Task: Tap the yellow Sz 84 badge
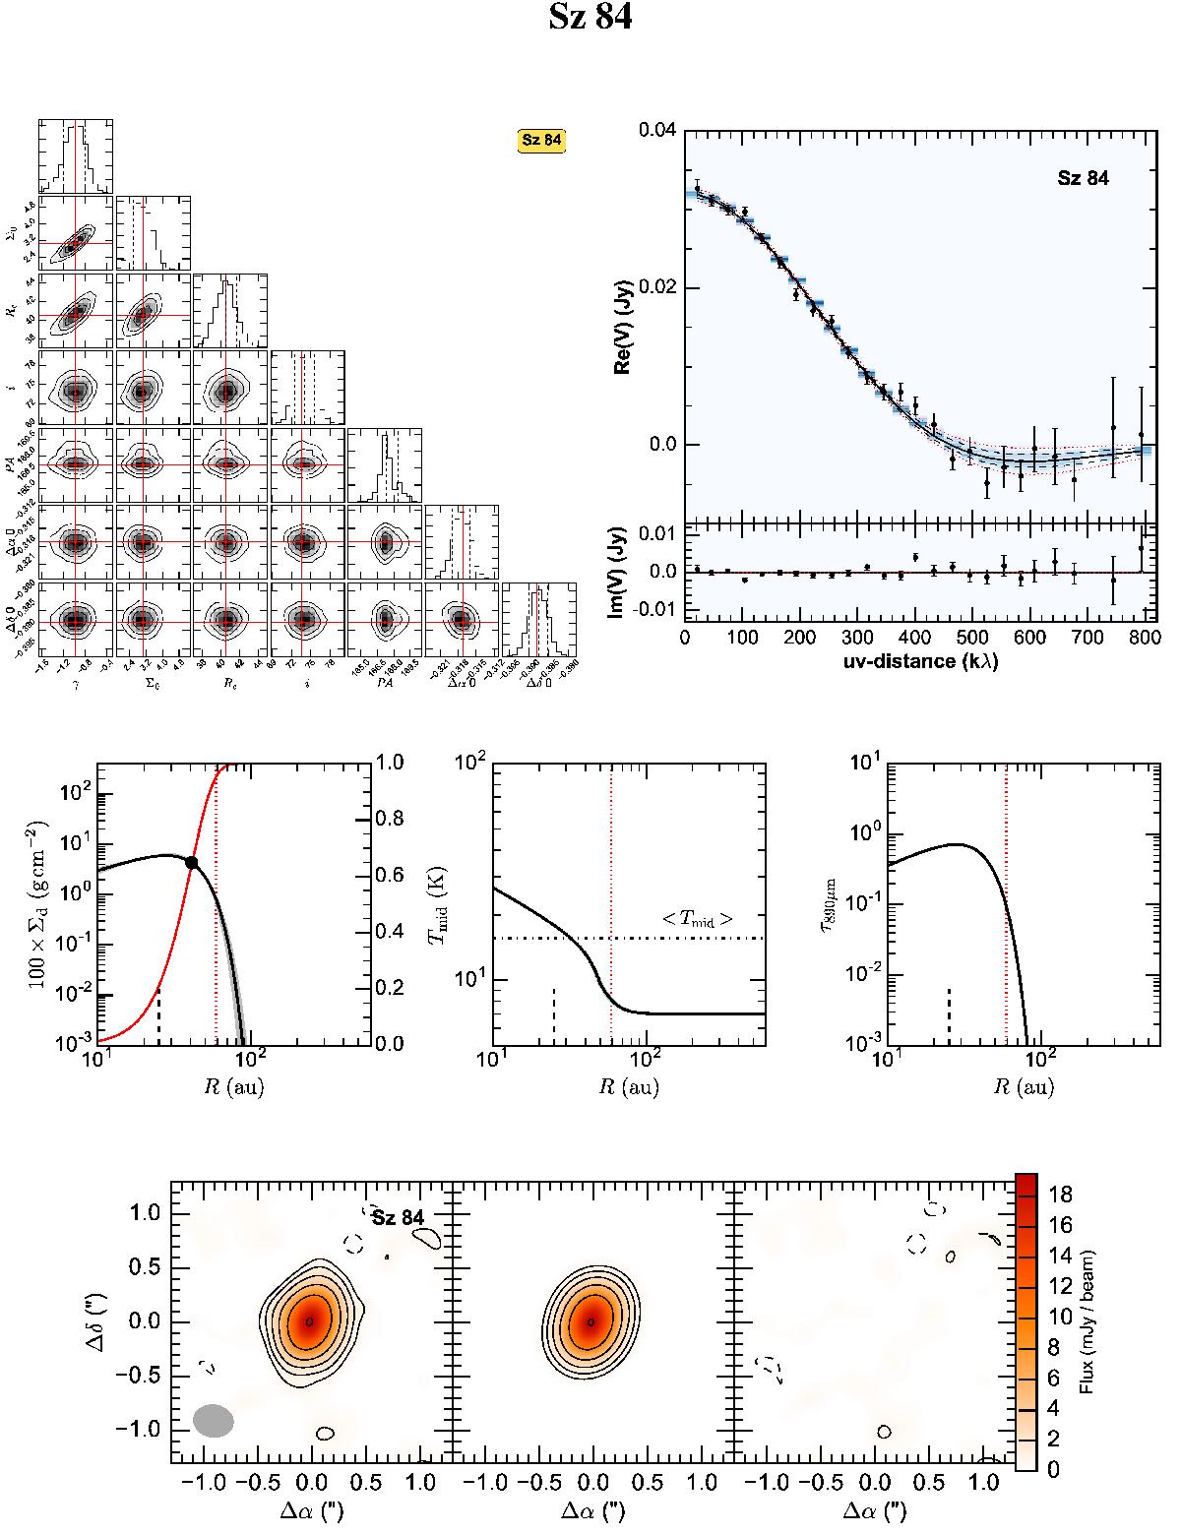click(541, 140)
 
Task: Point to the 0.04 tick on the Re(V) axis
click(656, 130)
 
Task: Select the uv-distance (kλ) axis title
click(913, 661)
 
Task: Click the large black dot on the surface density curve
click(191, 862)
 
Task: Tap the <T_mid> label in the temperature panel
click(697, 920)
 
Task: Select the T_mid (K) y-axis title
click(434, 902)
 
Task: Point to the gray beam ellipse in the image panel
click(214, 1420)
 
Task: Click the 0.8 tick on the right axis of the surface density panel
click(393, 819)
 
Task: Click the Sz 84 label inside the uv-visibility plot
click(1083, 179)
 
